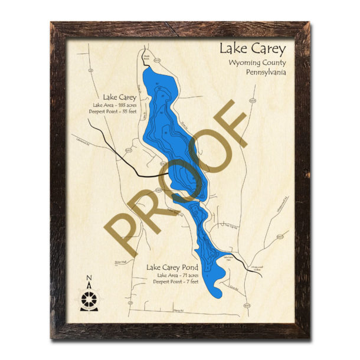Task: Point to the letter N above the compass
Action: click(89, 279)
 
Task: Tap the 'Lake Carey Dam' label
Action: click(229, 257)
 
